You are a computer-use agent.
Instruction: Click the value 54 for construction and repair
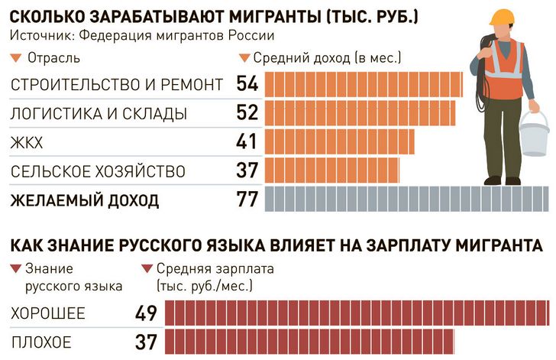click(x=247, y=85)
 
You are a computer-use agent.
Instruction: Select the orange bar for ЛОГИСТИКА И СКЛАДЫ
click(x=359, y=113)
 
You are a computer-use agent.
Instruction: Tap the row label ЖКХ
click(x=27, y=142)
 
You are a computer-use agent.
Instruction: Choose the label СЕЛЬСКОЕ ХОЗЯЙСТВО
click(x=87, y=170)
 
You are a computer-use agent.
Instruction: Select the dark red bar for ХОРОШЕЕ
click(x=356, y=314)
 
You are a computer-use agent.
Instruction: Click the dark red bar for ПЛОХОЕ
click(x=309, y=342)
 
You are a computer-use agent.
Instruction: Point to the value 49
click(x=145, y=314)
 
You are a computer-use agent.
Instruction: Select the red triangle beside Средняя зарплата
click(x=147, y=270)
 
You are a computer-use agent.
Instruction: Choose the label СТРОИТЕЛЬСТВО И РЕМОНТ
click(x=116, y=85)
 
